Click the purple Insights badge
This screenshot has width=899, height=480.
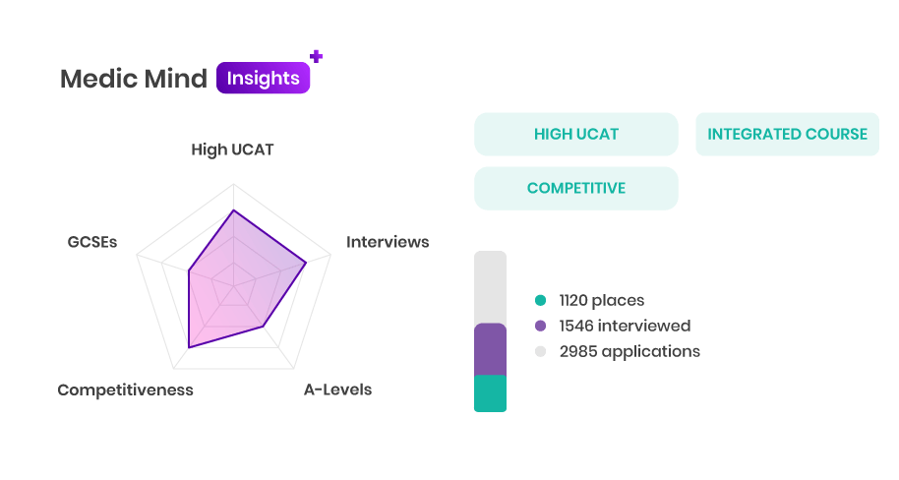tap(264, 78)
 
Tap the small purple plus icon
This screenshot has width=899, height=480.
tap(316, 56)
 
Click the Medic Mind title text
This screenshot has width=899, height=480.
tap(134, 79)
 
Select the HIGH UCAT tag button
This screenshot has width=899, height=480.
tap(576, 134)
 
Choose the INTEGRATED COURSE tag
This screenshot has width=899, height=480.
tap(787, 134)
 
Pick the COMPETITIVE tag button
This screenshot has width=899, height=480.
tap(576, 189)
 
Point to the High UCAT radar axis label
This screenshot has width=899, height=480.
tap(232, 150)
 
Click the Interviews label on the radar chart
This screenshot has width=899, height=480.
tap(388, 242)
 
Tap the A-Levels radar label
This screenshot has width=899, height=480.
tap(337, 390)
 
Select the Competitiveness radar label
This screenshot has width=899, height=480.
tap(126, 390)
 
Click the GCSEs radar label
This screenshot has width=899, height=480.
tap(92, 242)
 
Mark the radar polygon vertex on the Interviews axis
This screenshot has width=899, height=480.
tap(306, 263)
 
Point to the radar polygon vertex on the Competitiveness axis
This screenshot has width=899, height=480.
tap(189, 347)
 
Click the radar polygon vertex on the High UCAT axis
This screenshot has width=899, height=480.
tap(233, 210)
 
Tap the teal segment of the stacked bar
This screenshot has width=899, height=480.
tap(490, 393)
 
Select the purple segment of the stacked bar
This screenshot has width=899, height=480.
tap(490, 349)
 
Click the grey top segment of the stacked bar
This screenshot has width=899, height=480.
tap(490, 287)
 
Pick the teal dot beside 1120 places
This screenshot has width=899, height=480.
tap(540, 300)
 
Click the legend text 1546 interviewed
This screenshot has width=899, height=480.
tap(625, 326)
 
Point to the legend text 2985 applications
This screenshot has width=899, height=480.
tap(629, 351)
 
